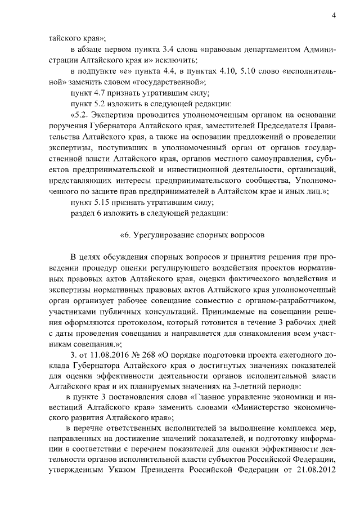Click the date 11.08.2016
(x=109, y=354)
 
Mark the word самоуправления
(x=259, y=154)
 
